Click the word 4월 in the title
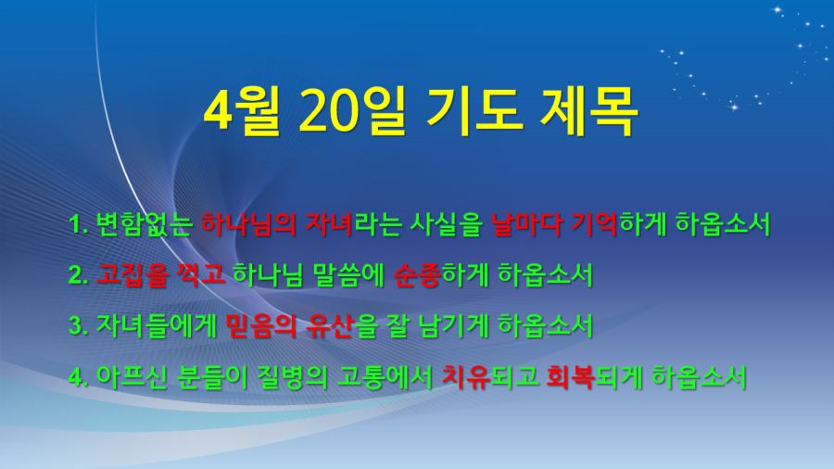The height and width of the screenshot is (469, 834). (x=242, y=110)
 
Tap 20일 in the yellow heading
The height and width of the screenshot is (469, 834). (x=352, y=110)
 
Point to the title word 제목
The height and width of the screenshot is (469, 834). (x=588, y=110)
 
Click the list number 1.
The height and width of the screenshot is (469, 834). (x=78, y=224)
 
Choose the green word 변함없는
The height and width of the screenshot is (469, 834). (x=144, y=224)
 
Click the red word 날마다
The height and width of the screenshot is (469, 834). (x=526, y=224)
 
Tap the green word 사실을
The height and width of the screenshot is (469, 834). (x=446, y=224)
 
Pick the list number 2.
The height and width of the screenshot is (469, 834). (x=78, y=275)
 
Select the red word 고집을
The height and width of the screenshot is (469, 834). (x=132, y=275)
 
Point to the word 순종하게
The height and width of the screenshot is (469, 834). (x=441, y=275)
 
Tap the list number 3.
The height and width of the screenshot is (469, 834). (x=78, y=326)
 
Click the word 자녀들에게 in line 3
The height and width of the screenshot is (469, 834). (x=157, y=325)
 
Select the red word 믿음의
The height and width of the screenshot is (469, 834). (x=261, y=325)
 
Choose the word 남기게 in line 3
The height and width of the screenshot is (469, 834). (x=454, y=325)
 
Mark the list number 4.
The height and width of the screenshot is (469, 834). (x=78, y=377)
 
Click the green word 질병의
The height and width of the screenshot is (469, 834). (x=292, y=376)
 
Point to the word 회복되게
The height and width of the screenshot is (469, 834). (x=595, y=376)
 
